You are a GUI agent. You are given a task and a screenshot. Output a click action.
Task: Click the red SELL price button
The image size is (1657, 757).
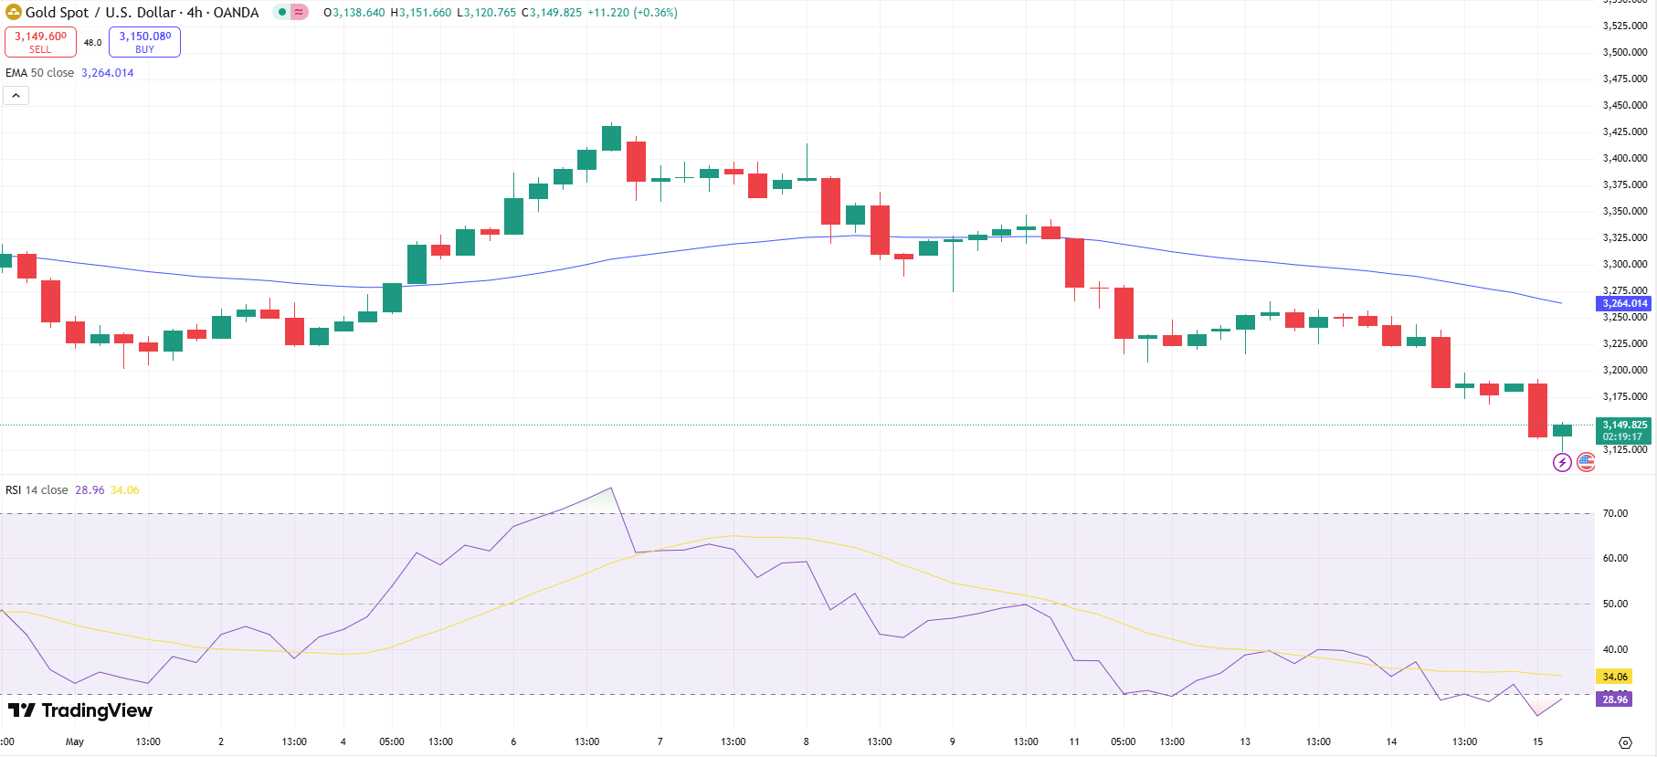coord(40,42)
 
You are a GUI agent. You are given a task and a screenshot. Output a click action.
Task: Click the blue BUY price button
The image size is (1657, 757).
coord(144,42)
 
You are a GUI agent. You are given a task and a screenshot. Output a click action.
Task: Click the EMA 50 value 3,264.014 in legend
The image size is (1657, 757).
coord(107,73)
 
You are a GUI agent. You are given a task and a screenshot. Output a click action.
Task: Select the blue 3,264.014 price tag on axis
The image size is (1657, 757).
coord(1623,303)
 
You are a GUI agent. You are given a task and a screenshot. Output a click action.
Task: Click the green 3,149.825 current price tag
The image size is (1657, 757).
coord(1623,430)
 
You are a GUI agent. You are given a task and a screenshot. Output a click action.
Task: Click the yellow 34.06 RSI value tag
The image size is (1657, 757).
coord(1614,677)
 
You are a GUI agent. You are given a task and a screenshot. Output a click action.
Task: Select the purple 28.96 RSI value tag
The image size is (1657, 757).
coord(1614,699)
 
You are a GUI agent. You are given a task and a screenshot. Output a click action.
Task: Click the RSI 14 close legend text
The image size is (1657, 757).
coord(37,490)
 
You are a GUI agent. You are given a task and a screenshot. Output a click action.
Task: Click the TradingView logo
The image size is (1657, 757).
coord(80,710)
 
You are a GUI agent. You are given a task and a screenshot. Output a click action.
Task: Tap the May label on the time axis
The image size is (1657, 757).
coord(75,741)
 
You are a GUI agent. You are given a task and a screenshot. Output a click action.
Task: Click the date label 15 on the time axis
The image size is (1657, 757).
coord(1537,741)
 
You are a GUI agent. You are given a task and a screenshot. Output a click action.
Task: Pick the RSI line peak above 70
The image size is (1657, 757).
coord(611,489)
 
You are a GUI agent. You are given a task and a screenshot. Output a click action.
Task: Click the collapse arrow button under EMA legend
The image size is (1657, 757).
coord(16,96)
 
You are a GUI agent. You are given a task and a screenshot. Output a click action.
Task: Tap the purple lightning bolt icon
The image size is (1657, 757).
coord(1562,462)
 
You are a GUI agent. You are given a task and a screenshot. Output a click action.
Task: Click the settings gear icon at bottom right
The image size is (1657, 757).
coord(1625,742)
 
